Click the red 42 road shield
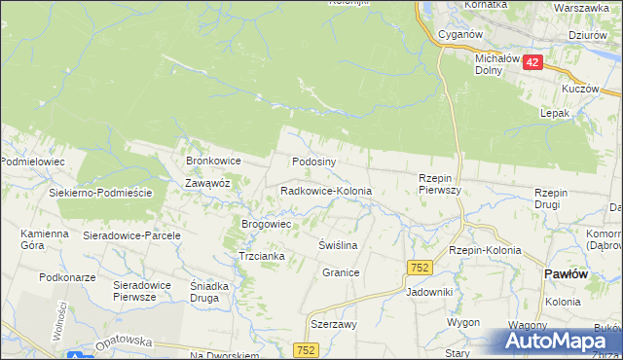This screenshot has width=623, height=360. click(x=531, y=62)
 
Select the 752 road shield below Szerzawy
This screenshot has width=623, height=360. click(x=307, y=349)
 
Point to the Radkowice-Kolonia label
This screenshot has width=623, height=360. click(x=325, y=192)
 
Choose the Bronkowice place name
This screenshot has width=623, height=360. click(x=213, y=161)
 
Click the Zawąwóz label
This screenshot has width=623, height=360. click(x=207, y=182)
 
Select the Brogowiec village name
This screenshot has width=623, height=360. click(x=267, y=224)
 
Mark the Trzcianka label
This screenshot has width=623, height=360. click(x=261, y=256)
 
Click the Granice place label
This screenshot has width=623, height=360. click(x=341, y=273)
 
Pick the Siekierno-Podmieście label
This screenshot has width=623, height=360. click(x=101, y=193)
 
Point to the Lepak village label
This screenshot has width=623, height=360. click(x=554, y=113)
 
